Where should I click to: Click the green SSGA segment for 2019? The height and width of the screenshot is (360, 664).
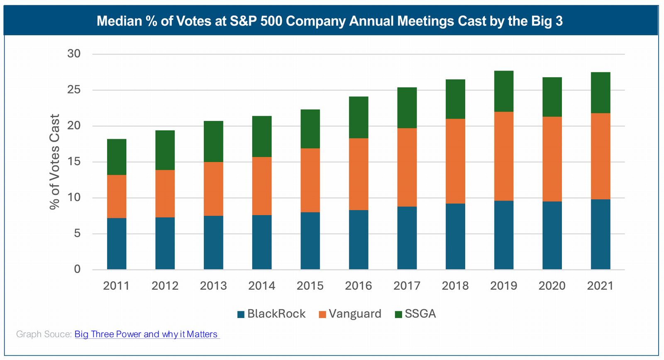coord(503,91)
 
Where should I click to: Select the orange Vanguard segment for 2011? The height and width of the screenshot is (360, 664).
coord(117,196)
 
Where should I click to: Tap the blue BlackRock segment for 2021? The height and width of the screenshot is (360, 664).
coord(601,234)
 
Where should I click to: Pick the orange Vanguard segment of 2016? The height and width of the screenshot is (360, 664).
coord(359,174)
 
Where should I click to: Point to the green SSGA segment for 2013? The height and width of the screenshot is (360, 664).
coord(213,141)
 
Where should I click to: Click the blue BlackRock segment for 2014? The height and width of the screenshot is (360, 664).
coord(262,242)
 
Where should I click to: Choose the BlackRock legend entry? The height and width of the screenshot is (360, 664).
coord(271,314)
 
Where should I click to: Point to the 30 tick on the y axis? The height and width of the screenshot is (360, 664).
coord(74,54)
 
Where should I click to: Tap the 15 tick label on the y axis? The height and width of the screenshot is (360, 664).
coord(74,162)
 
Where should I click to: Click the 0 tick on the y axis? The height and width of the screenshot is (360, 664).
coord(77,269)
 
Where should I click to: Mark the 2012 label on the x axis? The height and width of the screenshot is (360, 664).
coord(165,286)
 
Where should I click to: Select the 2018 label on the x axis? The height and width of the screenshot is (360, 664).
coord(455,286)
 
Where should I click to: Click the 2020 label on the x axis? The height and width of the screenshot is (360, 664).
coord(552,286)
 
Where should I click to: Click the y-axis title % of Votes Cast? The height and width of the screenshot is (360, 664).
coord(55,162)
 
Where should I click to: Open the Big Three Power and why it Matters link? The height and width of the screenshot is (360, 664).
coord(146,334)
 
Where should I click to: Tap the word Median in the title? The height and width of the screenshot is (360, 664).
coord(119,21)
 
